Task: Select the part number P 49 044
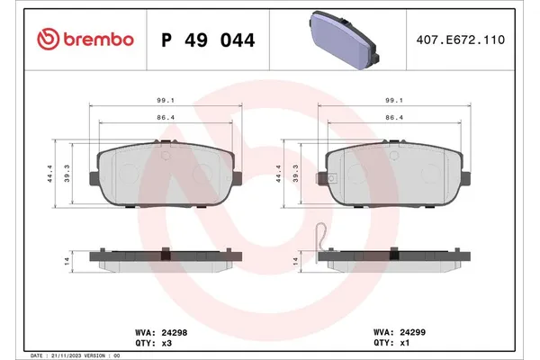(x=207, y=40)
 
